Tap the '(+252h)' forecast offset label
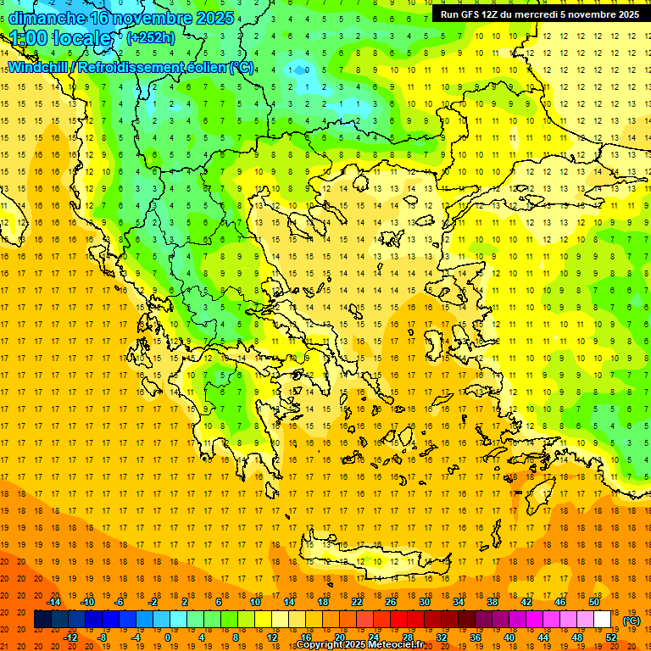coord(150,37)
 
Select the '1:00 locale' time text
coord(61,38)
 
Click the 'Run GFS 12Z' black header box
coord(539,14)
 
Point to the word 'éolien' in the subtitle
coord(207,67)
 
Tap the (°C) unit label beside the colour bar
coord(632,620)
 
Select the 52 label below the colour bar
coord(611,637)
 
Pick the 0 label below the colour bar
coord(168,637)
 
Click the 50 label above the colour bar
coord(593,602)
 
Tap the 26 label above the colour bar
coord(391,602)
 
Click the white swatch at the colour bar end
coord(602,620)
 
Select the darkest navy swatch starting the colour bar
coord(42,620)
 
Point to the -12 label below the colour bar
coord(70,637)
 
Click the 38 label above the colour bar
coord(492,602)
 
